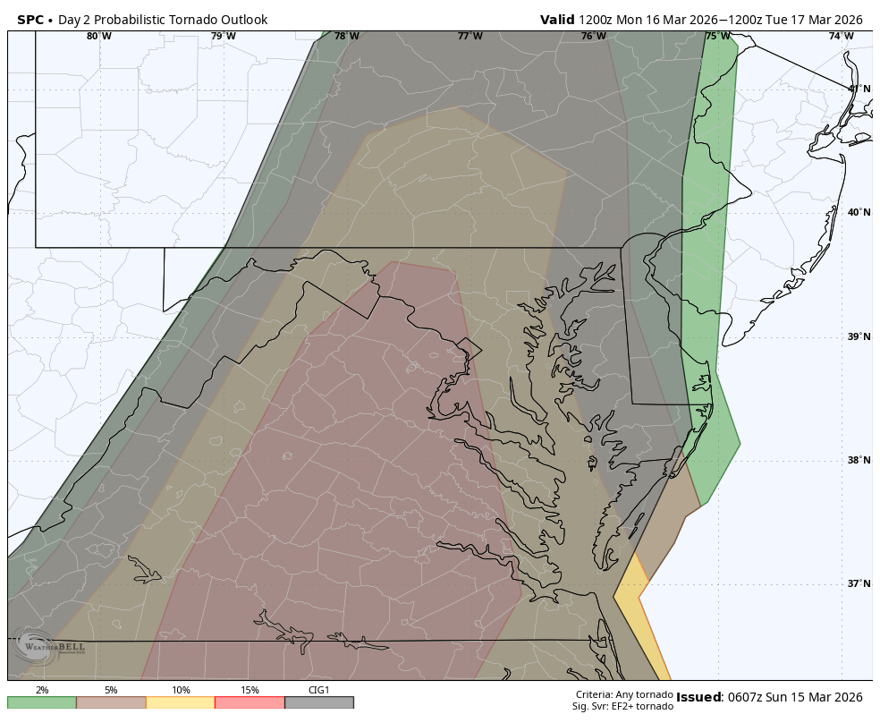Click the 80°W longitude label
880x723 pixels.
point(99,37)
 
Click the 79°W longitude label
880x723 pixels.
point(224,37)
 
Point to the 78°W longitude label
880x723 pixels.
point(347,37)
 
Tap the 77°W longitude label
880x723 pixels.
point(470,37)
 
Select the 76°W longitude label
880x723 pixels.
point(593,37)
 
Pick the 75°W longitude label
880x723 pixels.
point(717,37)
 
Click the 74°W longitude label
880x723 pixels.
point(841,37)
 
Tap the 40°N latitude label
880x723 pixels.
point(859,213)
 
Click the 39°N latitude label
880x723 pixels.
point(859,337)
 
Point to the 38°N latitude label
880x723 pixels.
point(859,461)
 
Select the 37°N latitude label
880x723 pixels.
point(859,584)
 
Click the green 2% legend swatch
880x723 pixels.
point(42,702)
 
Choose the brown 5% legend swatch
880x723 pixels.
point(111,702)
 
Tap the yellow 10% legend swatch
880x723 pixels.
point(181,702)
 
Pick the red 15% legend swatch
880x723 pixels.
point(250,702)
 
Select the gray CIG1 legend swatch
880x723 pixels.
point(319,702)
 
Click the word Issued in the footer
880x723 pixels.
point(698,698)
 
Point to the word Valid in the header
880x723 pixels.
point(557,20)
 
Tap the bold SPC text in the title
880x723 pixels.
point(30,20)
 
